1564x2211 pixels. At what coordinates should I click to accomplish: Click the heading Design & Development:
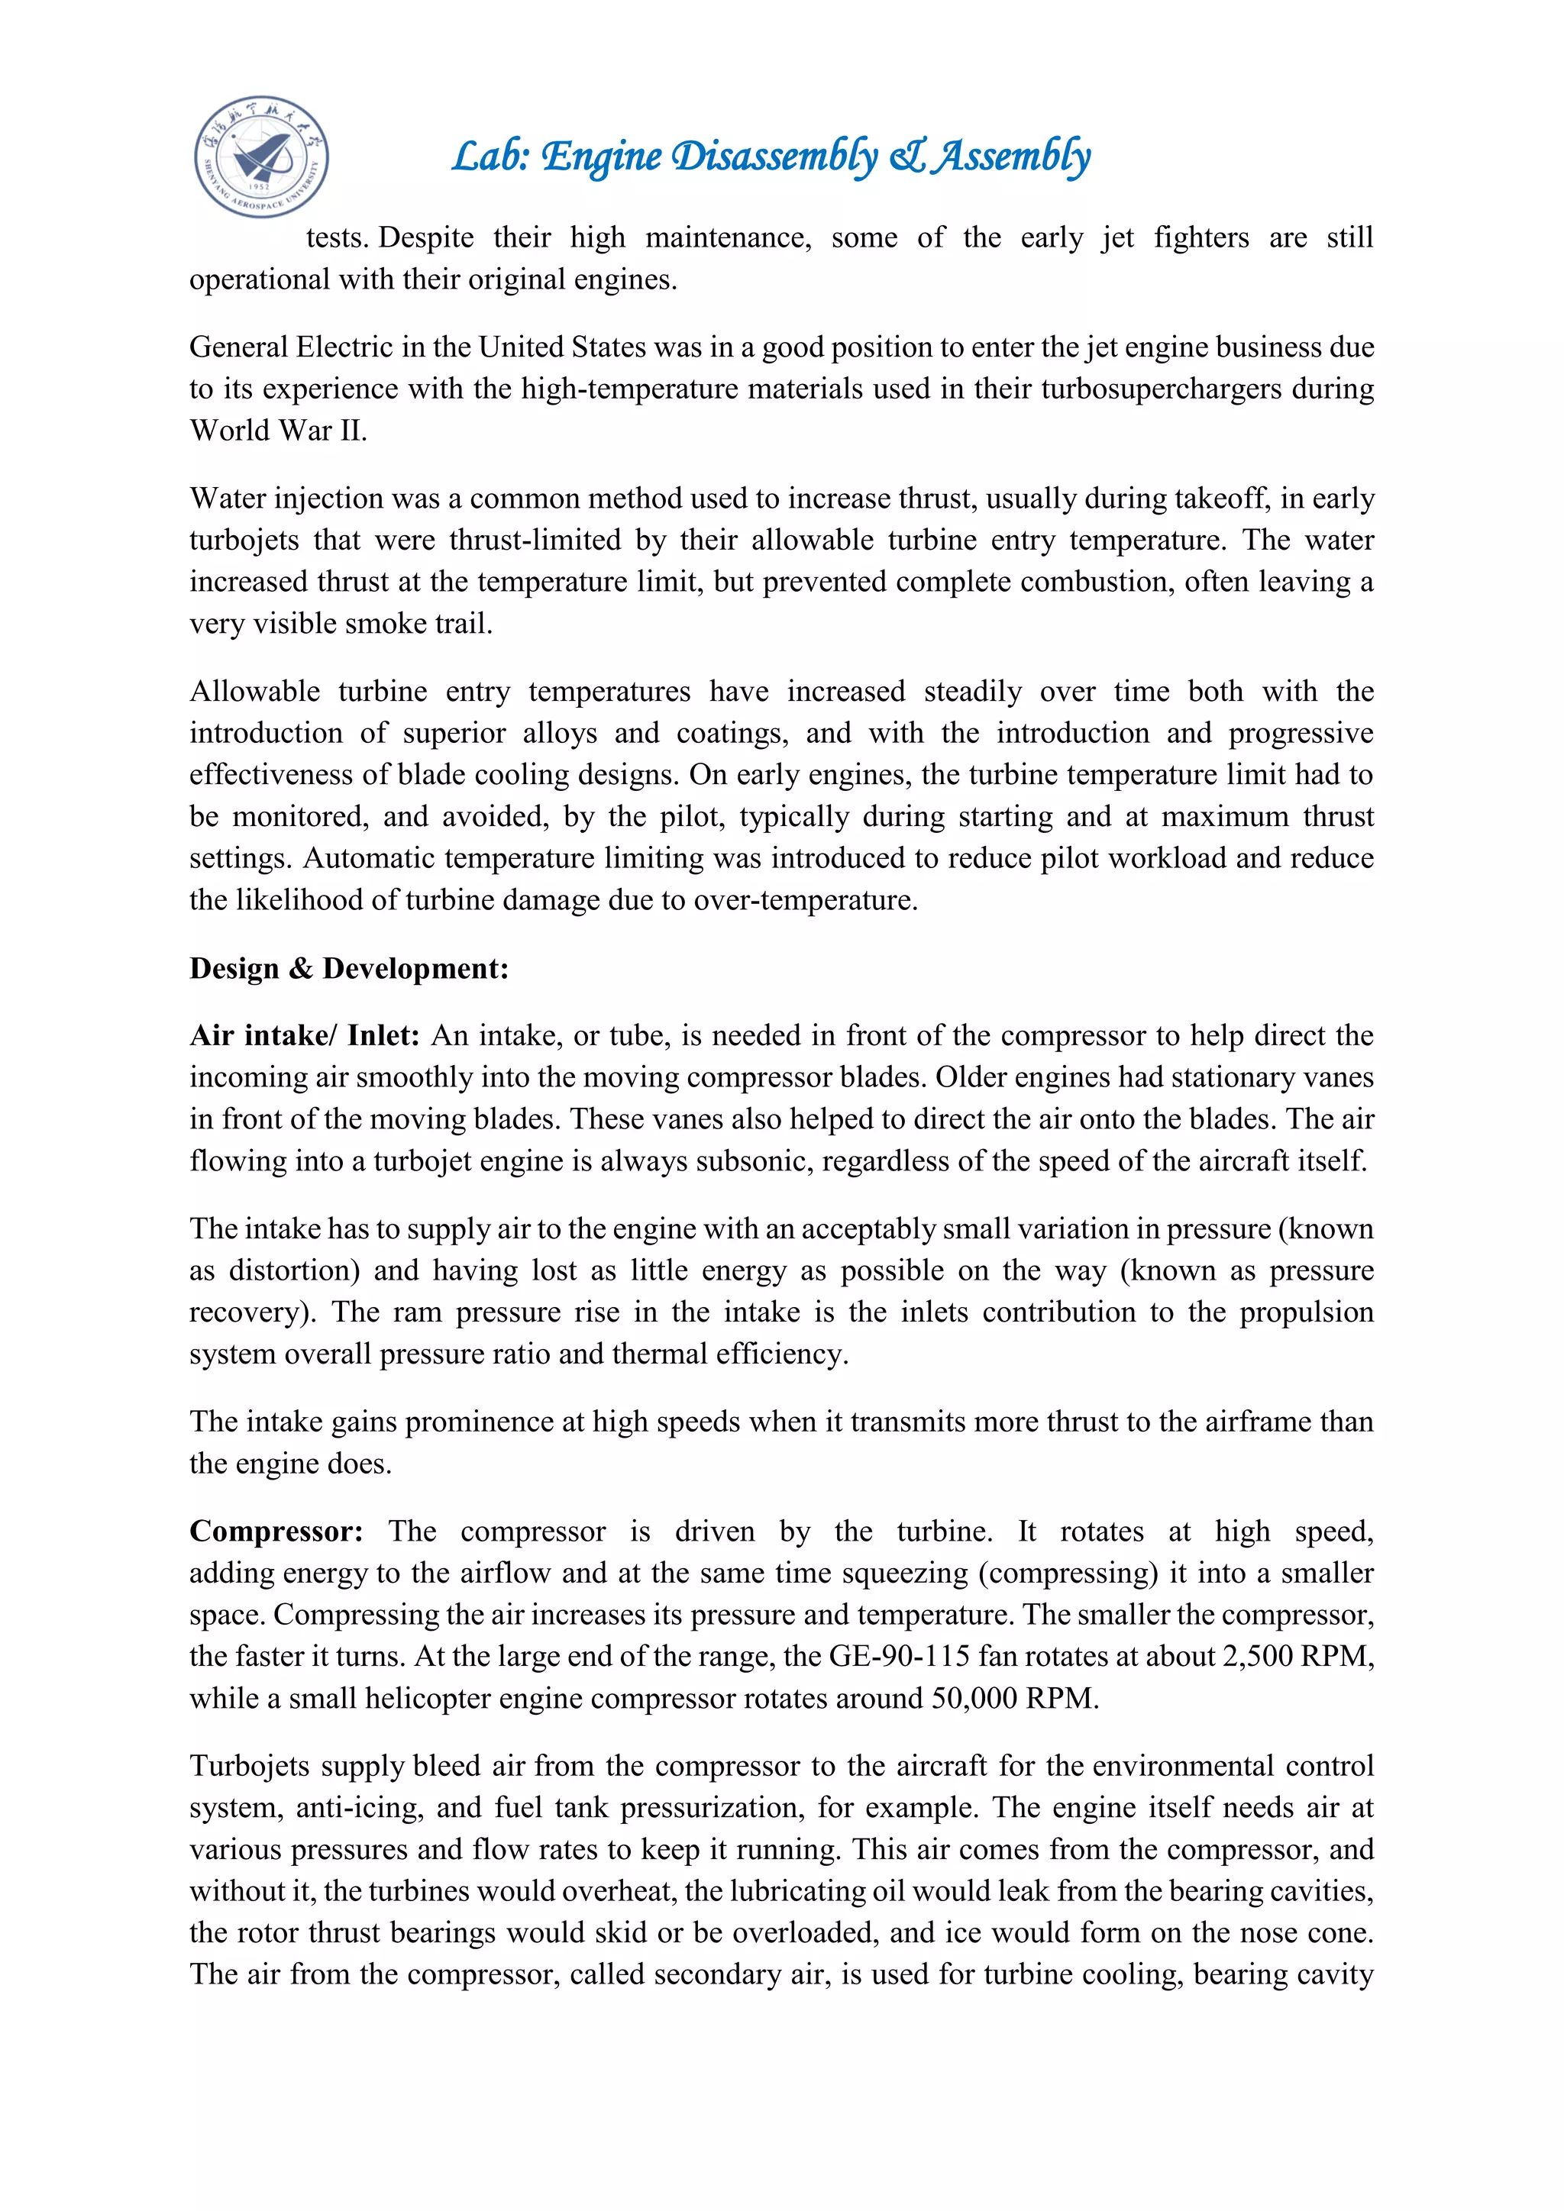pos(349,968)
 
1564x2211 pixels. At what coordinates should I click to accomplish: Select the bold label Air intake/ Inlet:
pos(305,1035)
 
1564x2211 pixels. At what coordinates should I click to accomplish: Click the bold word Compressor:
pos(276,1532)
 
